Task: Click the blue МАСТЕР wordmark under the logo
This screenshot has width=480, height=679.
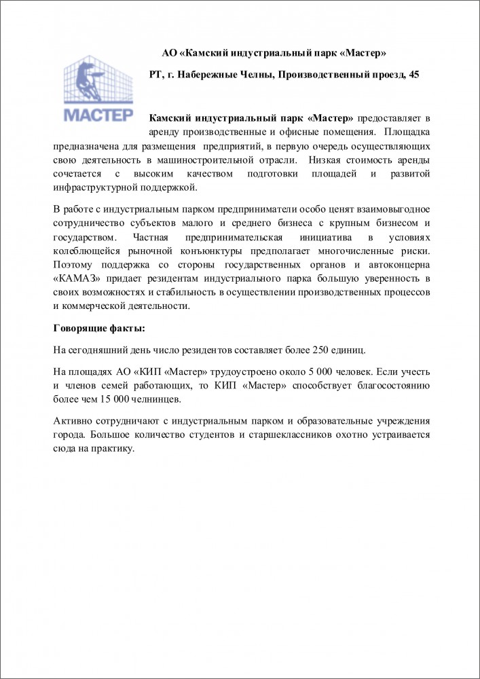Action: click(99, 113)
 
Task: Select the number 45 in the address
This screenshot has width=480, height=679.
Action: click(413, 75)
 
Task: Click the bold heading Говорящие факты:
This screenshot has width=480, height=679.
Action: click(99, 329)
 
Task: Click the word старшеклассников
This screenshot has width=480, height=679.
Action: click(293, 435)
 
